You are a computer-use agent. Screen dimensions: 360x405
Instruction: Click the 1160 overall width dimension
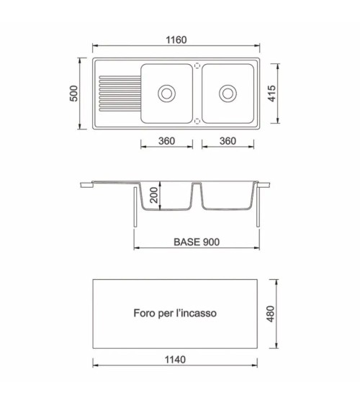click(x=176, y=40)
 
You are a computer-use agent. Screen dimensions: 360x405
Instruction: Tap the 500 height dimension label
click(x=74, y=94)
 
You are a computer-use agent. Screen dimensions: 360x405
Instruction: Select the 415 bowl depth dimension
click(x=272, y=94)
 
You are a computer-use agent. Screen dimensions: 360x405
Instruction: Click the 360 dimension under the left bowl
click(x=167, y=141)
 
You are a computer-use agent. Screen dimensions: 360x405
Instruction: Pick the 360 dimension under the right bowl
click(x=228, y=141)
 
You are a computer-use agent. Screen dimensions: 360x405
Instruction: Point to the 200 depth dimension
click(x=154, y=195)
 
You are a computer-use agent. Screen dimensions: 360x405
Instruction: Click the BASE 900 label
click(x=197, y=242)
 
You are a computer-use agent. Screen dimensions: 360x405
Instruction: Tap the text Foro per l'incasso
click(x=175, y=313)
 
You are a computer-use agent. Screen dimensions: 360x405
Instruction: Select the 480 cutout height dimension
click(x=270, y=314)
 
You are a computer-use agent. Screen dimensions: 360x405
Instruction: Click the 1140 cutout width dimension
click(x=175, y=360)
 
